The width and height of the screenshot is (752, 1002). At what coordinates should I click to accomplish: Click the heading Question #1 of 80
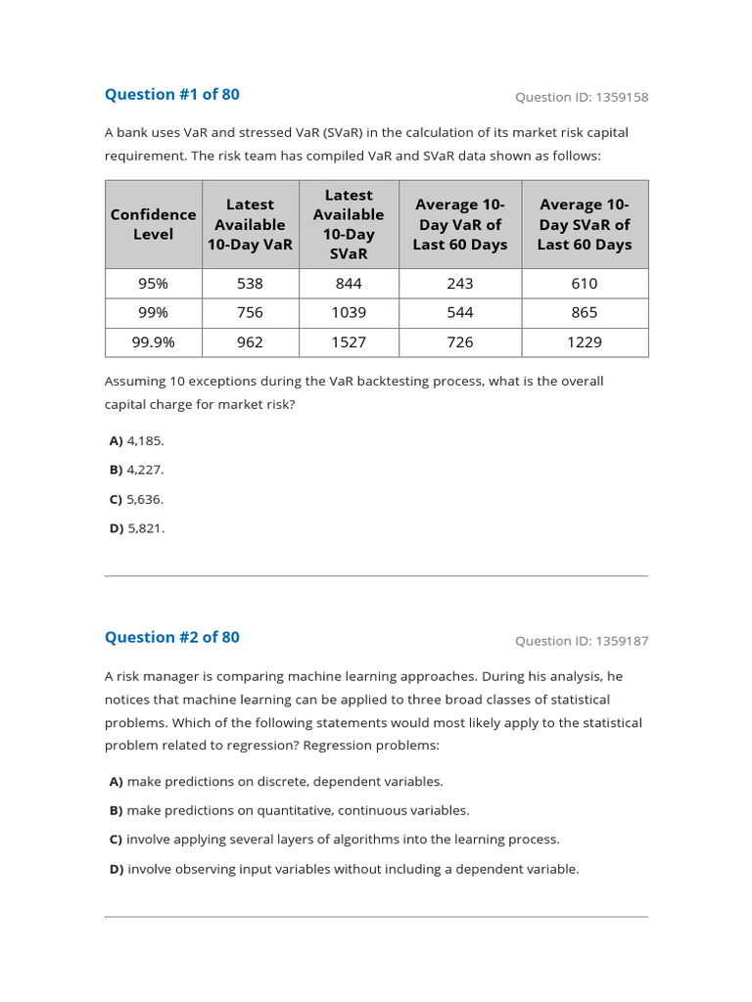[171, 94]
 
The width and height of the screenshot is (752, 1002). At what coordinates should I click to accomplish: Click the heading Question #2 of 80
[171, 637]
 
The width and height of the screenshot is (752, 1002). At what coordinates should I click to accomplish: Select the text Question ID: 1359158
[582, 97]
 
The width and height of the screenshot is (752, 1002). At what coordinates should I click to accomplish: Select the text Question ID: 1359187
[582, 641]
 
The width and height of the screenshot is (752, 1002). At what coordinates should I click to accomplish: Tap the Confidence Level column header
[154, 224]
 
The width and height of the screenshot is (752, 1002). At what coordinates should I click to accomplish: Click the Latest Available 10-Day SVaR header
[349, 224]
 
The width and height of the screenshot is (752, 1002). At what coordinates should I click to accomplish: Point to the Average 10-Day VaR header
[459, 224]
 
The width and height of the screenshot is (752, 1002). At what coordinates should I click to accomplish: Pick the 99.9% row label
[154, 342]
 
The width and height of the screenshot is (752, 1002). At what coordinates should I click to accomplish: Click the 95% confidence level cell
[154, 283]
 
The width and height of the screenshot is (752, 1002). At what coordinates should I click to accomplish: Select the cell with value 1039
[349, 312]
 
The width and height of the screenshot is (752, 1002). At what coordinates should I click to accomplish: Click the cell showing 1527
[349, 342]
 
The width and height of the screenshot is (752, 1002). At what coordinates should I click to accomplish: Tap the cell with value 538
[251, 283]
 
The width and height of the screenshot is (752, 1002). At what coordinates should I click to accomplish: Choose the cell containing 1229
[585, 342]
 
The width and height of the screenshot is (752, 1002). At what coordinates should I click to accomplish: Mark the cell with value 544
[459, 312]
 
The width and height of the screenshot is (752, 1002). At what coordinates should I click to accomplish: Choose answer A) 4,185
[137, 440]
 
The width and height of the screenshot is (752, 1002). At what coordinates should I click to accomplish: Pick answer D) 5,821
[137, 528]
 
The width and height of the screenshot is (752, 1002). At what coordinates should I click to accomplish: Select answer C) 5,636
[137, 499]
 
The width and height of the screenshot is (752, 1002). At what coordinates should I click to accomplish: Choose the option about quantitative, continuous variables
[289, 810]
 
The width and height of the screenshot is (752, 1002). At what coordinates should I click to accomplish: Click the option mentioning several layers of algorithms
[334, 840]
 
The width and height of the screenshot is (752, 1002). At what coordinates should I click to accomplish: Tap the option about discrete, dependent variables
[276, 781]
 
